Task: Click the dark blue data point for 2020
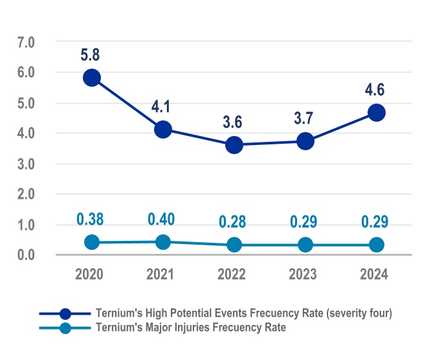point(92,78)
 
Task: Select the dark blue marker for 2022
point(234,145)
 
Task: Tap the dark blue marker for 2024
point(377,113)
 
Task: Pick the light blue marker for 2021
point(163,242)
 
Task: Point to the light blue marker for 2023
point(305,245)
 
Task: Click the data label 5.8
point(92,55)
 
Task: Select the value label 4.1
point(161,106)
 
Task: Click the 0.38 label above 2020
point(91,219)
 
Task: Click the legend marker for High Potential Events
point(65,314)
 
